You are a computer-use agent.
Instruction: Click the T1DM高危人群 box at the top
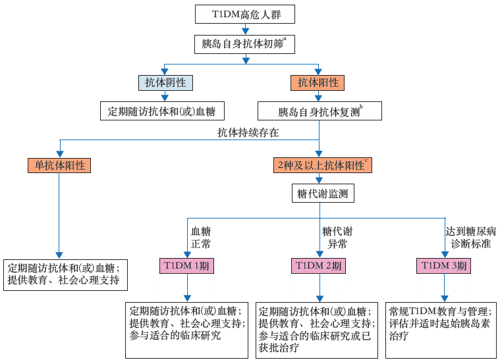pyautogui.click(x=245, y=14)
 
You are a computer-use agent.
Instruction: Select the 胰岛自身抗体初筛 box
pyautogui.click(x=245, y=44)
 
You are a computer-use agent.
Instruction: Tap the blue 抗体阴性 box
pyautogui.click(x=165, y=83)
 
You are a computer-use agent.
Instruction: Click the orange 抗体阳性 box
pyautogui.click(x=318, y=83)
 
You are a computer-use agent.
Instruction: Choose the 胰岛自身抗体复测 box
pyautogui.click(x=319, y=111)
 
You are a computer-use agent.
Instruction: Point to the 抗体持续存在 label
pyautogui.click(x=248, y=132)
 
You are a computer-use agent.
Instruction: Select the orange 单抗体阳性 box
pyautogui.click(x=59, y=165)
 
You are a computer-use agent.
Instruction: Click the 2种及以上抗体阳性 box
pyautogui.click(x=323, y=165)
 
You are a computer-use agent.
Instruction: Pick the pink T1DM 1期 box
pyautogui.click(x=187, y=266)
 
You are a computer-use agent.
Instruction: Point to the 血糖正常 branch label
pyautogui.click(x=201, y=237)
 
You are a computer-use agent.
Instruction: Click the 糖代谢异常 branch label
pyautogui.click(x=337, y=237)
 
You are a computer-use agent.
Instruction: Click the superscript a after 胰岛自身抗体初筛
pyautogui.click(x=285, y=39)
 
